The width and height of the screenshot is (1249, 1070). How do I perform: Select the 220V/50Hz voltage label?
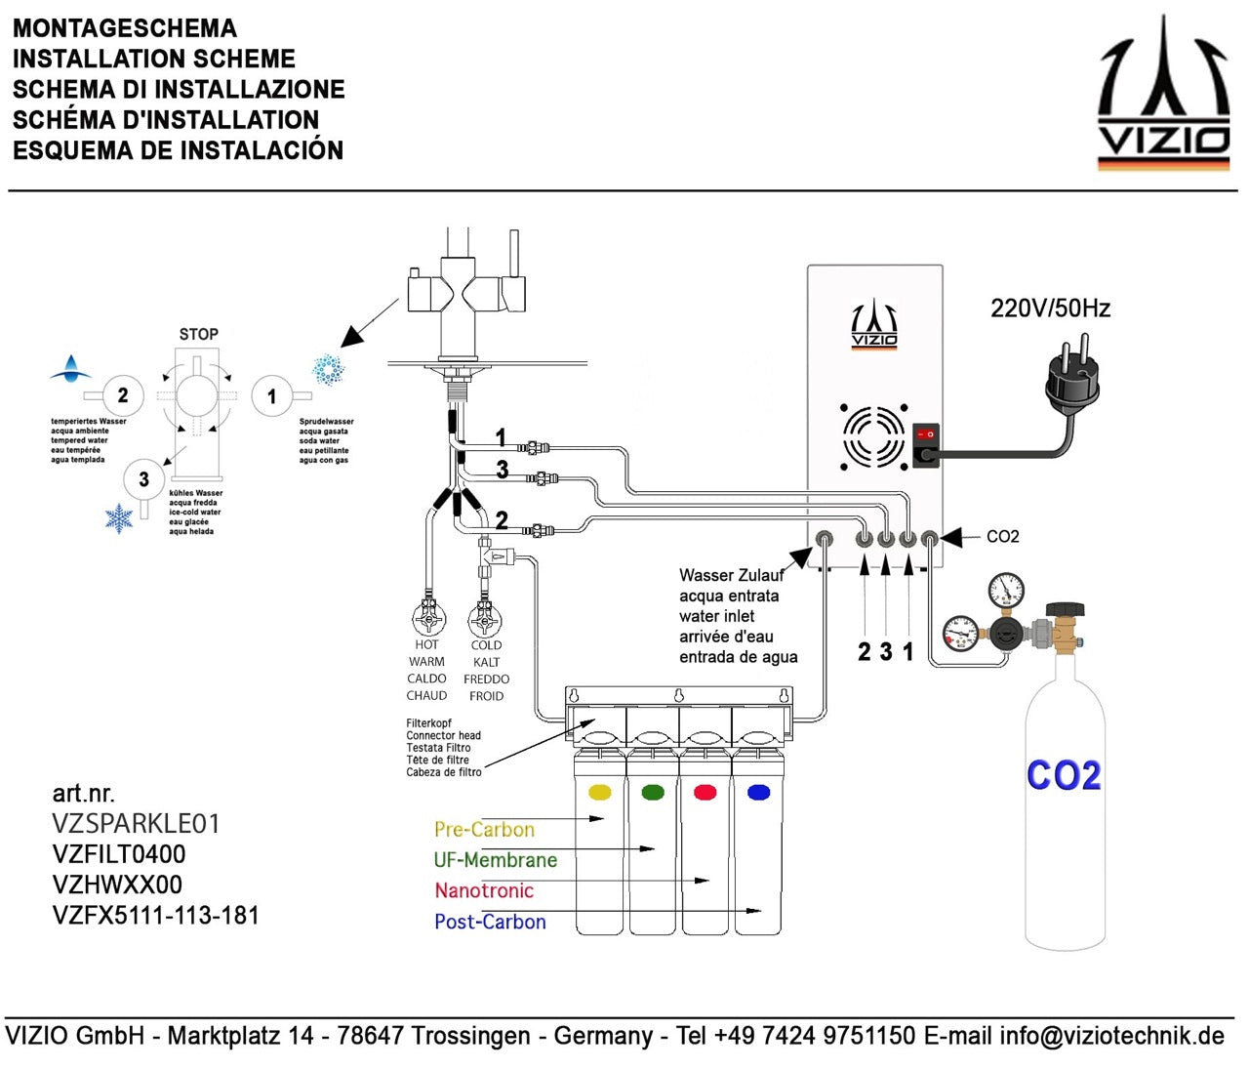point(1050,309)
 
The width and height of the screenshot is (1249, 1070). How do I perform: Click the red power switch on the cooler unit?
point(926,434)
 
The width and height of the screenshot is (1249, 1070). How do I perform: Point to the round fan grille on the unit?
point(873,435)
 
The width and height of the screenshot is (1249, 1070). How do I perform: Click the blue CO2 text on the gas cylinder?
point(1064,776)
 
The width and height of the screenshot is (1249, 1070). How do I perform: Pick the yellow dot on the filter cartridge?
point(600,792)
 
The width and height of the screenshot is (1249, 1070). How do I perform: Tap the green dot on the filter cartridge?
point(653,792)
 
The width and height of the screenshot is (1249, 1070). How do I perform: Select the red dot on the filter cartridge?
point(705,792)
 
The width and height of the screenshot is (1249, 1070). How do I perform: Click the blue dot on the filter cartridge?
point(758,792)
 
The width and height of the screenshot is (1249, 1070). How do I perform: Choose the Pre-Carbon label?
point(484,830)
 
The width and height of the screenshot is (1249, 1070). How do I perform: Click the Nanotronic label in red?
point(484,890)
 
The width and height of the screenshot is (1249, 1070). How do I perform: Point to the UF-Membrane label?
point(495,860)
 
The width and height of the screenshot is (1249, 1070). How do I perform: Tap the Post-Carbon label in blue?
point(490,922)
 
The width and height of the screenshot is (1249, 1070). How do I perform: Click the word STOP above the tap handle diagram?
point(198,334)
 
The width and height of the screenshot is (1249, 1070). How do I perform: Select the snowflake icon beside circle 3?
point(119,518)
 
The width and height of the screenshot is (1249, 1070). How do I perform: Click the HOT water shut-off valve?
point(428,619)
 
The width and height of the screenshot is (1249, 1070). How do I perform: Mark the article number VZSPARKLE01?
point(137,824)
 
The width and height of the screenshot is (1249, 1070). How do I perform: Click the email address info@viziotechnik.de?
point(1111,1036)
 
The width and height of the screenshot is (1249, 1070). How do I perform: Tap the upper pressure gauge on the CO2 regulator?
point(1006,590)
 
